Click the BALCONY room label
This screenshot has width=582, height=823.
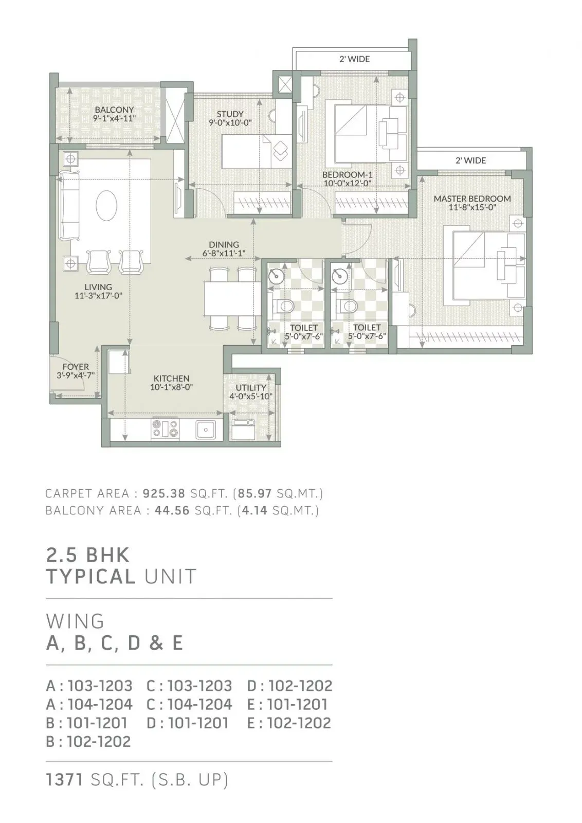click(x=114, y=110)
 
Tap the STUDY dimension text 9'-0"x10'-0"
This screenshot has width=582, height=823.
click(x=230, y=122)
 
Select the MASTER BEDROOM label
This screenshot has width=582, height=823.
click(x=471, y=199)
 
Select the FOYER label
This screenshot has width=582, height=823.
click(x=76, y=367)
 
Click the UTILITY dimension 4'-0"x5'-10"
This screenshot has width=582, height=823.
click(x=251, y=396)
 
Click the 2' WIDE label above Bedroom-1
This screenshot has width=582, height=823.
click(x=354, y=59)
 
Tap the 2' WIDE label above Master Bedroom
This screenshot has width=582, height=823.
click(x=470, y=160)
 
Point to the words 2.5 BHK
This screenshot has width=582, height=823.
click(x=88, y=556)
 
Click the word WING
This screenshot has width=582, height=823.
click(x=75, y=621)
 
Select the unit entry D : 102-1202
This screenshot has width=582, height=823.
click(x=289, y=686)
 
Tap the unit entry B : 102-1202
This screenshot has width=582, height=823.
click(x=88, y=741)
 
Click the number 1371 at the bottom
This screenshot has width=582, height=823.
click(x=65, y=780)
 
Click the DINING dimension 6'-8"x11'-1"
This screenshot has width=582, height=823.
click(x=224, y=253)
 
